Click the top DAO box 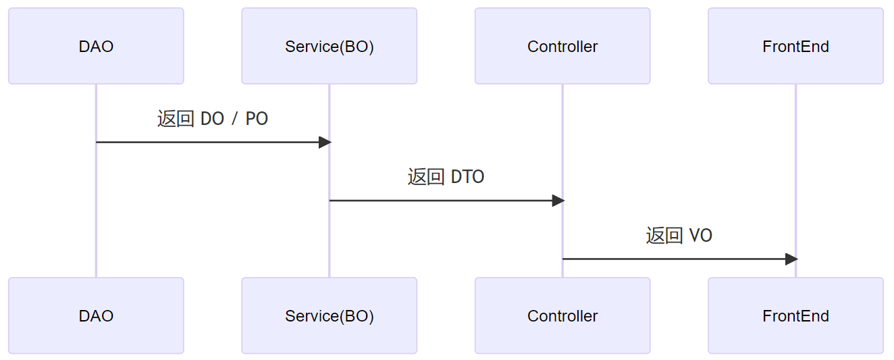click(96, 46)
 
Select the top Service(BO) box click(329, 46)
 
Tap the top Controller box click(562, 46)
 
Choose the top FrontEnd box click(795, 46)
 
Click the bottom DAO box click(96, 315)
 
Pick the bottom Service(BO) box click(329, 315)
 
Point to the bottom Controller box click(562, 315)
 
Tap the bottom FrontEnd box click(795, 315)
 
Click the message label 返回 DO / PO click(213, 119)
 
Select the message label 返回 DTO click(446, 177)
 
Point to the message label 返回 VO click(679, 236)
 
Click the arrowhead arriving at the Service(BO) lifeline click(325, 143)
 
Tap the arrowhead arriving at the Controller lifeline click(558, 201)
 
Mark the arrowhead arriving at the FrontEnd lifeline click(791, 259)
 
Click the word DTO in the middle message click(467, 177)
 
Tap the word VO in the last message click(700, 236)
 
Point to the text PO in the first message click(257, 119)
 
